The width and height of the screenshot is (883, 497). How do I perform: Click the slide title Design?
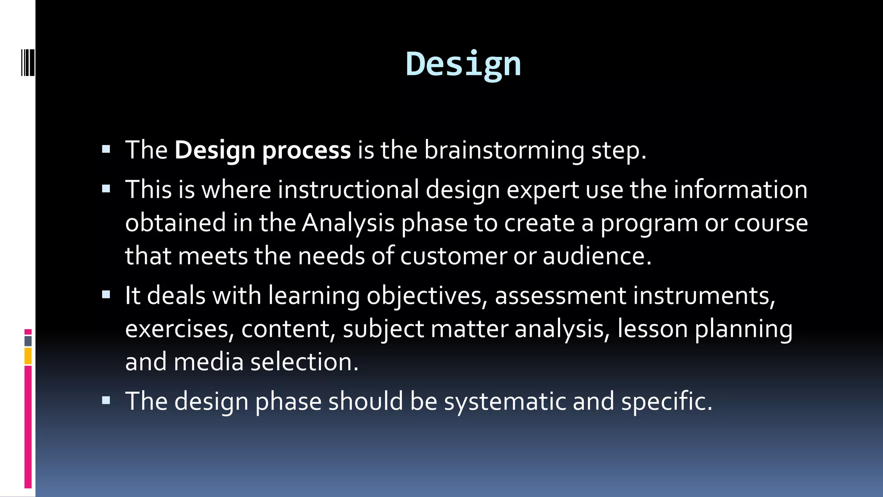[463, 64]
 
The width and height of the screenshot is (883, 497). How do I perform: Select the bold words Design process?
[262, 150]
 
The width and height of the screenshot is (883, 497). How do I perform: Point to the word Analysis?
[348, 223]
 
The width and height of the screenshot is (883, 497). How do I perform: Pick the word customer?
[454, 256]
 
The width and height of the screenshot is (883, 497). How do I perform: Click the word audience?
[597, 256]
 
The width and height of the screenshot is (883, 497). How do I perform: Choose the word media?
[209, 362]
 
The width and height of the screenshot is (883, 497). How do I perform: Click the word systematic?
[505, 401]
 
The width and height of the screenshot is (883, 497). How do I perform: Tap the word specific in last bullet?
[667, 401]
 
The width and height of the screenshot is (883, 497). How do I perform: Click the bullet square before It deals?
[106, 295]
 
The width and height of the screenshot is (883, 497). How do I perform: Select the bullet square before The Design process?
[106, 149]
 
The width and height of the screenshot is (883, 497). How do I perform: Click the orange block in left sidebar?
[28, 356]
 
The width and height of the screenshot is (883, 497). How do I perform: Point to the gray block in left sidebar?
[28, 341]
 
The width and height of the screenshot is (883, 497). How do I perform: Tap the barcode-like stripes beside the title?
[28, 63]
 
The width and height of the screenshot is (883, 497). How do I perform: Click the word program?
[649, 223]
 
